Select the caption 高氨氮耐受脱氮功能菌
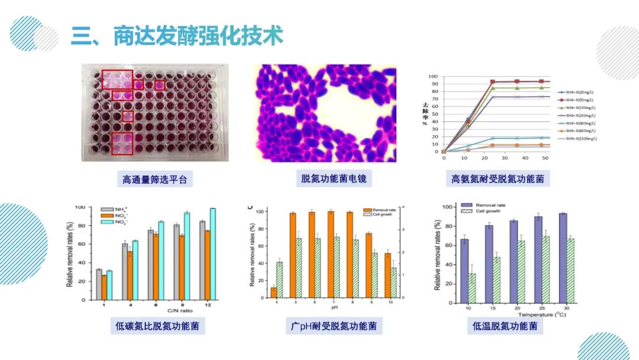497,179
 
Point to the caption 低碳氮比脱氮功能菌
157,326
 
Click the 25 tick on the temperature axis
538,308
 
